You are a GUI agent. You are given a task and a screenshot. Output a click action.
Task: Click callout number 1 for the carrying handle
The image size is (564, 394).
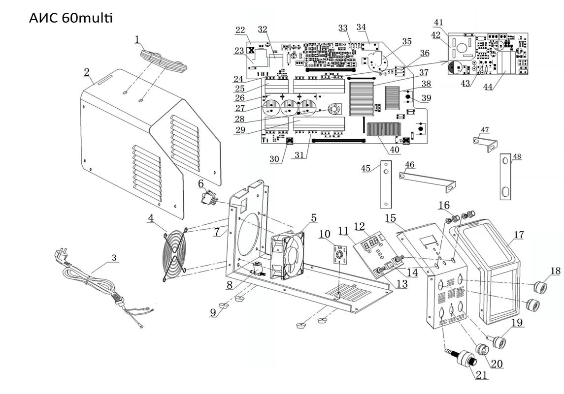pyautogui.click(x=138, y=39)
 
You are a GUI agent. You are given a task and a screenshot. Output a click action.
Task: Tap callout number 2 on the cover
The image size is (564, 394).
pyautogui.click(x=87, y=73)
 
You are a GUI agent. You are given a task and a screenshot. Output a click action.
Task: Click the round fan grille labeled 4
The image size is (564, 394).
pyautogui.click(x=175, y=256)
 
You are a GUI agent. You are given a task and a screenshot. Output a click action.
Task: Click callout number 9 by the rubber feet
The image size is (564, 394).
pyautogui.click(x=213, y=312)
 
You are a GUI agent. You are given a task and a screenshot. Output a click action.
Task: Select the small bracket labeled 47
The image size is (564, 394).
pyautogui.click(x=485, y=143)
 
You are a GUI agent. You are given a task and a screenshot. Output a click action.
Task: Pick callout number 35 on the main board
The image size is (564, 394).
pyautogui.click(x=406, y=42)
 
